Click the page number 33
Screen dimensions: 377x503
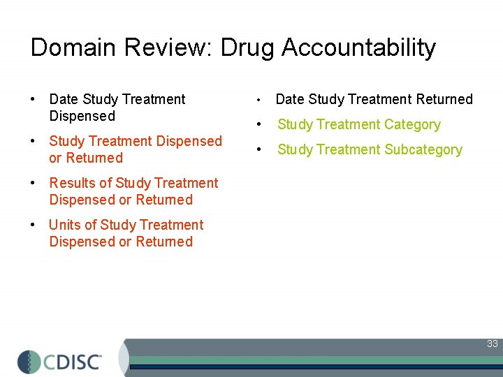[493, 343]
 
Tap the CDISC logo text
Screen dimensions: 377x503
[73, 361]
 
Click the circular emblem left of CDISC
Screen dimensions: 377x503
[29, 361]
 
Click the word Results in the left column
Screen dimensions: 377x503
[71, 183]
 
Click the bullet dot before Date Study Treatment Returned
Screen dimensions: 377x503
[259, 100]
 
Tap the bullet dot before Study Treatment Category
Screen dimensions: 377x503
[259, 125]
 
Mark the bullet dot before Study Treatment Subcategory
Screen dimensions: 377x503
[259, 150]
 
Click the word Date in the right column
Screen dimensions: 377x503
[291, 99]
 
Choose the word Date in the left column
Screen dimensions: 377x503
[64, 99]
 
